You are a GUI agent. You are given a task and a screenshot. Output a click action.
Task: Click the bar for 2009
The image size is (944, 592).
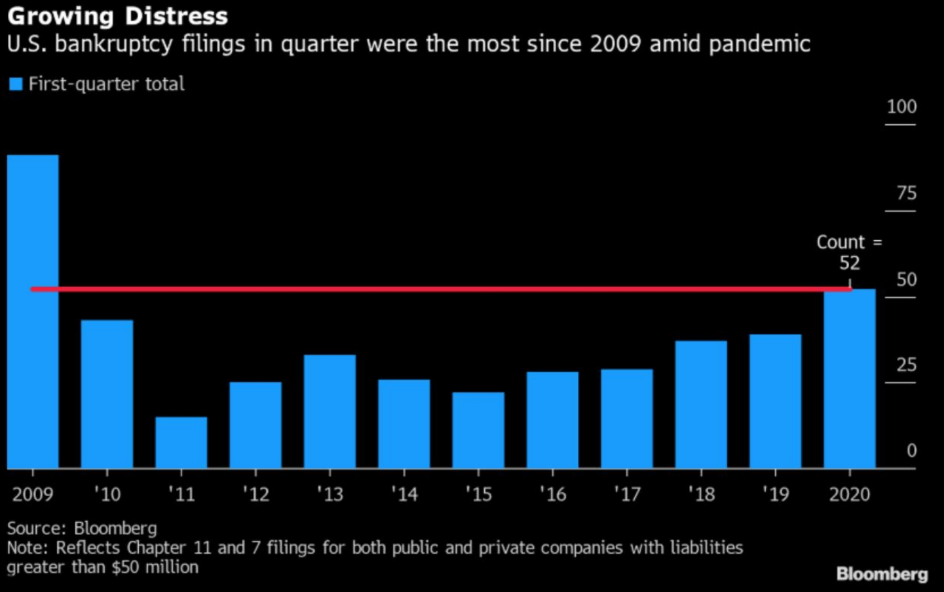point(33,312)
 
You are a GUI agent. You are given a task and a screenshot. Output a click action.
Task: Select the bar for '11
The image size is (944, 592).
point(181,443)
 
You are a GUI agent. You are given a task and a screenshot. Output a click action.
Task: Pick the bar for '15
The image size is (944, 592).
point(478,430)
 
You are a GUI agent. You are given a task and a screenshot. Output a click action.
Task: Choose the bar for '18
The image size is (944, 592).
point(701,405)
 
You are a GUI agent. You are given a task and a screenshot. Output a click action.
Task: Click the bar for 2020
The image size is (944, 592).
point(849,379)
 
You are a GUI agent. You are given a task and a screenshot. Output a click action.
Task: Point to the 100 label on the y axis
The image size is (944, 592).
point(901,106)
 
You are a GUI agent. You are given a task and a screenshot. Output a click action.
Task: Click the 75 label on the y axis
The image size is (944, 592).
point(906,193)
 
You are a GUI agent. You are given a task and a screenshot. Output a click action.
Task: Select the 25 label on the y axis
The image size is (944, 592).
point(906,365)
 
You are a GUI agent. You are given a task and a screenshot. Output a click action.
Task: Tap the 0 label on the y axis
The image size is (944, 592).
point(911,450)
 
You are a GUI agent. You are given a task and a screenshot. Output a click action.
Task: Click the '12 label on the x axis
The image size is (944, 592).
point(256,494)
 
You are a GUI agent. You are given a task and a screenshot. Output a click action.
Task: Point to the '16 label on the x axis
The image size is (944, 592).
point(553,494)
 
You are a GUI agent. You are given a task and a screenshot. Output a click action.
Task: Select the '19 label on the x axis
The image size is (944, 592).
point(776,494)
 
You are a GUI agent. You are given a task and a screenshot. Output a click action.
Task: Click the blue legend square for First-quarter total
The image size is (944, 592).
point(16,84)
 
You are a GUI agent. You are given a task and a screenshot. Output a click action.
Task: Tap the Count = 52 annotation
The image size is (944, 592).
point(849,252)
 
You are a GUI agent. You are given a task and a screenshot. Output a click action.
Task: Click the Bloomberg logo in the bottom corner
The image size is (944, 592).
point(882,574)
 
